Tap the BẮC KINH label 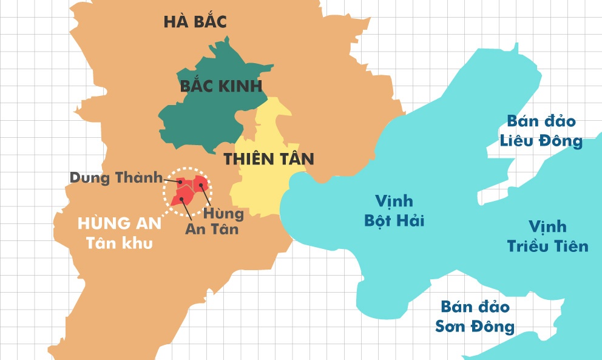[221, 86]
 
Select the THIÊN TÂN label [269, 160]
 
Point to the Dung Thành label [117, 178]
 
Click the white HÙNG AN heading [120, 223]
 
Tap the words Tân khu [118, 243]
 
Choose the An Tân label [212, 229]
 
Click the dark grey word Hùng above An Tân [223, 213]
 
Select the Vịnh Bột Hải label [394, 210]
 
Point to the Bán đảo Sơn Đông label [475, 316]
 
